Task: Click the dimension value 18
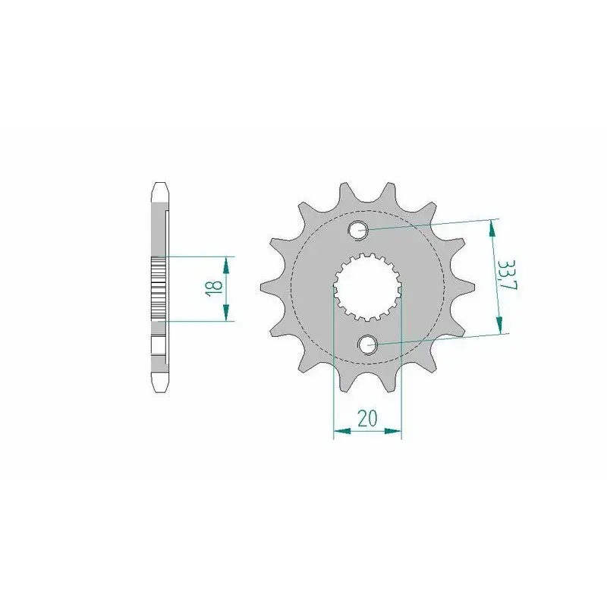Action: click(214, 288)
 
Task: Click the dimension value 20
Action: click(367, 418)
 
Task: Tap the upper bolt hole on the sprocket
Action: click(358, 230)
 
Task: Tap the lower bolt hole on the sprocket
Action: click(367, 344)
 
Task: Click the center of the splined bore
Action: click(367, 288)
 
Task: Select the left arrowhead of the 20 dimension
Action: click(342, 430)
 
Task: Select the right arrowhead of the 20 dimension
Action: click(393, 430)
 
